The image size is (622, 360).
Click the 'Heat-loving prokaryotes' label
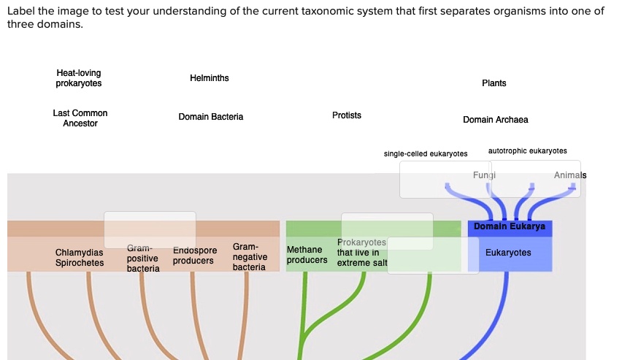(x=79, y=78)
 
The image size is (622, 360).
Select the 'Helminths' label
(x=209, y=78)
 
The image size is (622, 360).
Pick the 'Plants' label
(x=494, y=83)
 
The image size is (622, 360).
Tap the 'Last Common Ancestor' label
(x=80, y=118)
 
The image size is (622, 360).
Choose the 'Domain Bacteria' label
(x=211, y=117)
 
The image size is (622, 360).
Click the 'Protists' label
(x=346, y=115)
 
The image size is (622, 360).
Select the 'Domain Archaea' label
(x=495, y=119)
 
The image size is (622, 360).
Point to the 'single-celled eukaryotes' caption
(x=426, y=153)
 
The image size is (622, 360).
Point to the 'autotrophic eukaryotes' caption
(x=527, y=150)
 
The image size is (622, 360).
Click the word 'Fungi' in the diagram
(x=484, y=175)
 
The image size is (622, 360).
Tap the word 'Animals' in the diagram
(x=569, y=175)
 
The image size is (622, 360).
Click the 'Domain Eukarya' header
(x=510, y=226)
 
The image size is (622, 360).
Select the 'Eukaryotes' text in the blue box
(x=508, y=253)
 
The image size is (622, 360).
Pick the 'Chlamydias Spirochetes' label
(x=80, y=258)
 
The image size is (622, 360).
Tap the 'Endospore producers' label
(x=194, y=256)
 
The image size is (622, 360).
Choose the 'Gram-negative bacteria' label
(x=249, y=257)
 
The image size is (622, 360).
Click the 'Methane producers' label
(x=307, y=255)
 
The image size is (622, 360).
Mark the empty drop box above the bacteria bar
(x=150, y=230)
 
